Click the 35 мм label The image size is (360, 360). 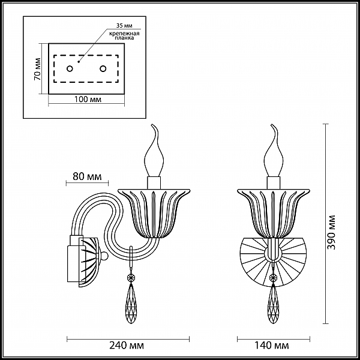point(124,25)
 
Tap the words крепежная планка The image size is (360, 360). point(124,35)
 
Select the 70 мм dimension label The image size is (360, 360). point(37,69)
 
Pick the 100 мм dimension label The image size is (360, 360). point(88,99)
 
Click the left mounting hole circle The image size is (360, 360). point(70,68)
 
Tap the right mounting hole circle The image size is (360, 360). point(103,68)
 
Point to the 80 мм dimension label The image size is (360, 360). point(87,176)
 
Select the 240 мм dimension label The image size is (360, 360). point(127,346)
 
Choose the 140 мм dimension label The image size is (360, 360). point(272,346)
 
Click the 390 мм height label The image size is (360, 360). point(332,232)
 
